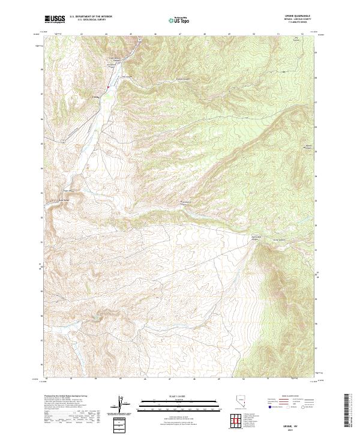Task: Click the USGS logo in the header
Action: [55, 19]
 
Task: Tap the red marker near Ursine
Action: [107, 89]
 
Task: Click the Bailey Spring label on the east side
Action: [309, 146]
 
